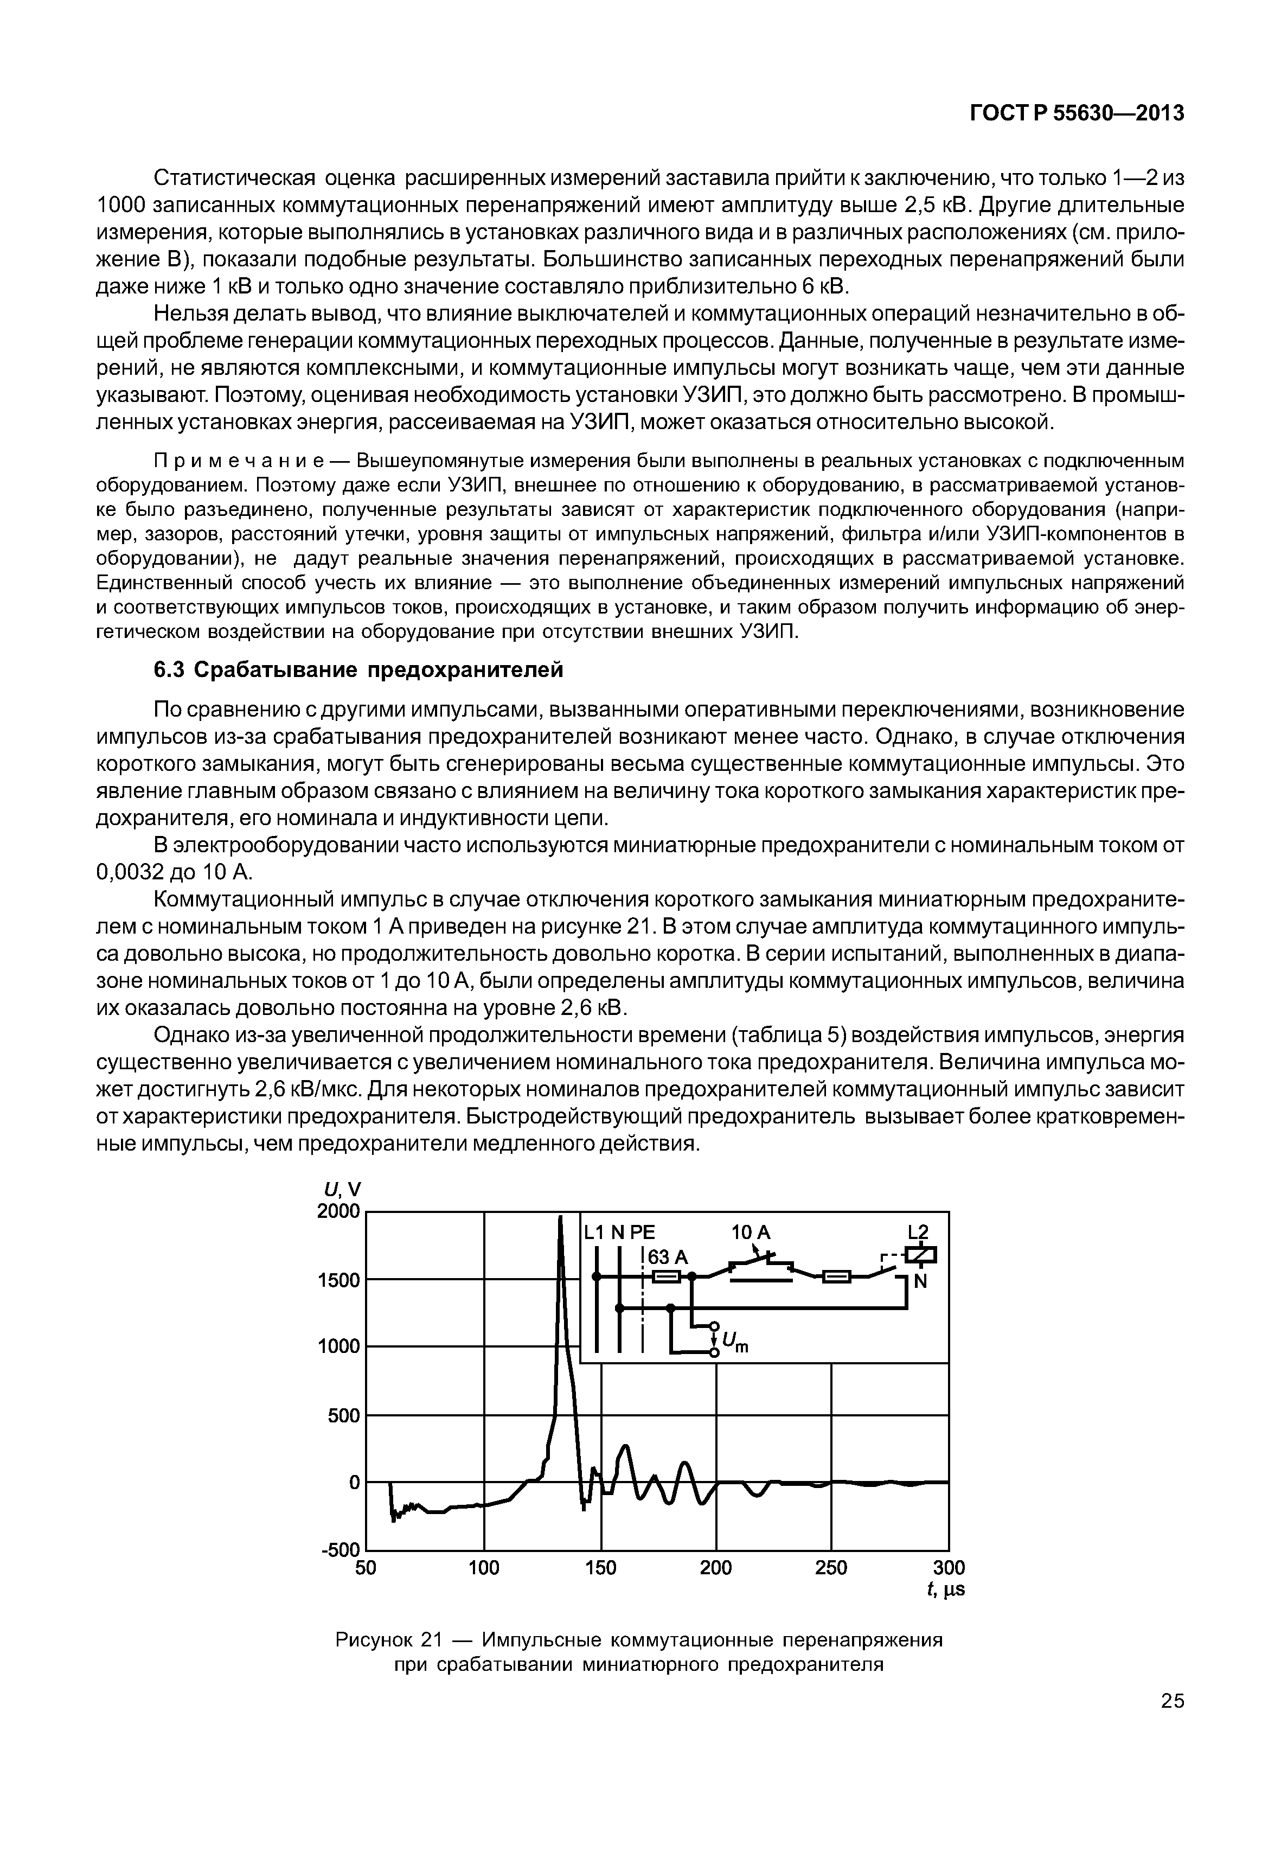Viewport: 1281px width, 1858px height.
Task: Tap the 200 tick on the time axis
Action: pyautogui.click(x=716, y=1567)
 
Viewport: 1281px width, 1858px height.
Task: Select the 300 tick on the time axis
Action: pyautogui.click(x=950, y=1567)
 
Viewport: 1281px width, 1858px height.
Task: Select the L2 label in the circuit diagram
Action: pyautogui.click(x=918, y=1233)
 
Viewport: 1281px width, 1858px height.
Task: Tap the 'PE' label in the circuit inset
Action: pyautogui.click(x=642, y=1233)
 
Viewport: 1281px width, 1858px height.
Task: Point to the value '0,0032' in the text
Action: pyautogui.click(x=131, y=873)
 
